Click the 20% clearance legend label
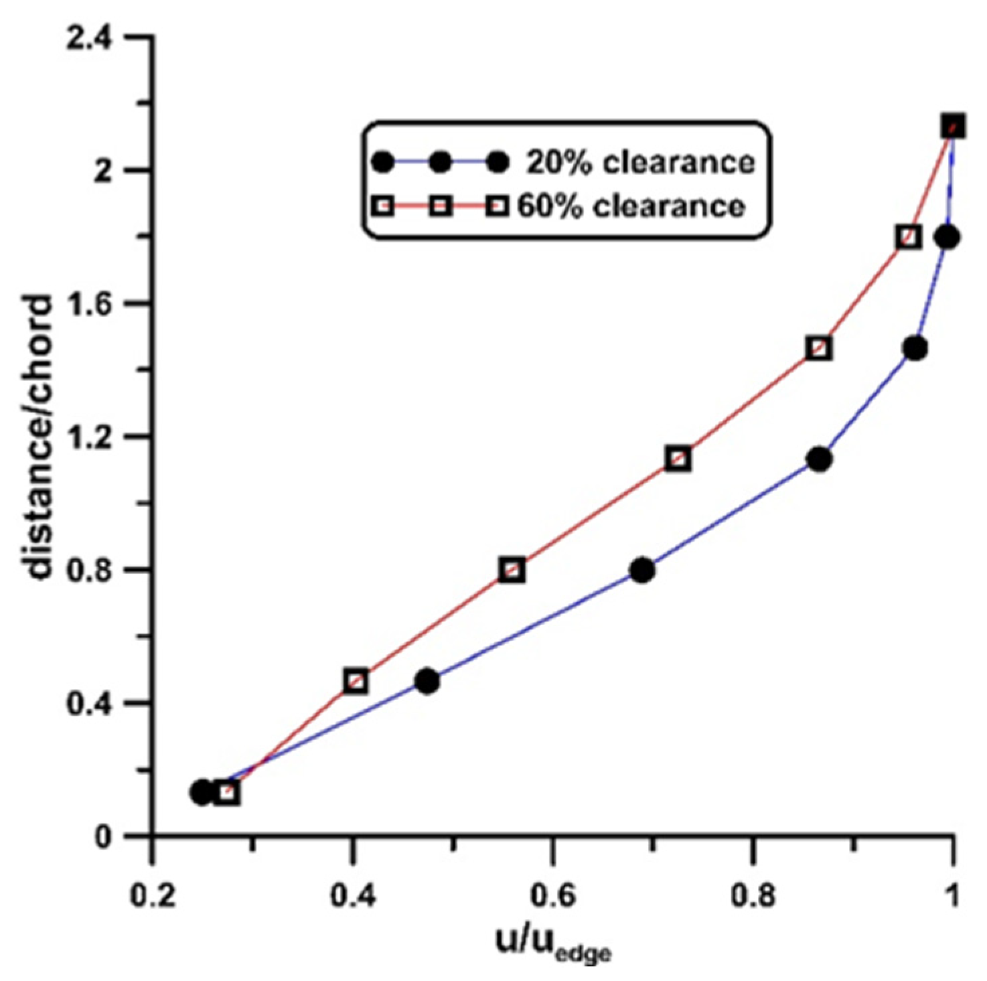pos(640,163)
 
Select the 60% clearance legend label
pos(631,206)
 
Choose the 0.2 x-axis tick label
pos(153,895)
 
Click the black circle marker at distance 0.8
pos(642,570)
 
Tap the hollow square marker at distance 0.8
pos(512,570)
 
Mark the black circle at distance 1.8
pos(947,237)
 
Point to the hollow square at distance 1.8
pos(908,237)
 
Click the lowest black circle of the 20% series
pos(202,793)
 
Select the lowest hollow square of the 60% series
pos(228,794)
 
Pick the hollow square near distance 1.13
pos(678,459)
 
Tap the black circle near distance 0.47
pos(427,682)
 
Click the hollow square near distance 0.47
pos(356,682)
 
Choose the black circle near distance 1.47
pos(915,348)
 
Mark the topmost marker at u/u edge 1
pos(953,126)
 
